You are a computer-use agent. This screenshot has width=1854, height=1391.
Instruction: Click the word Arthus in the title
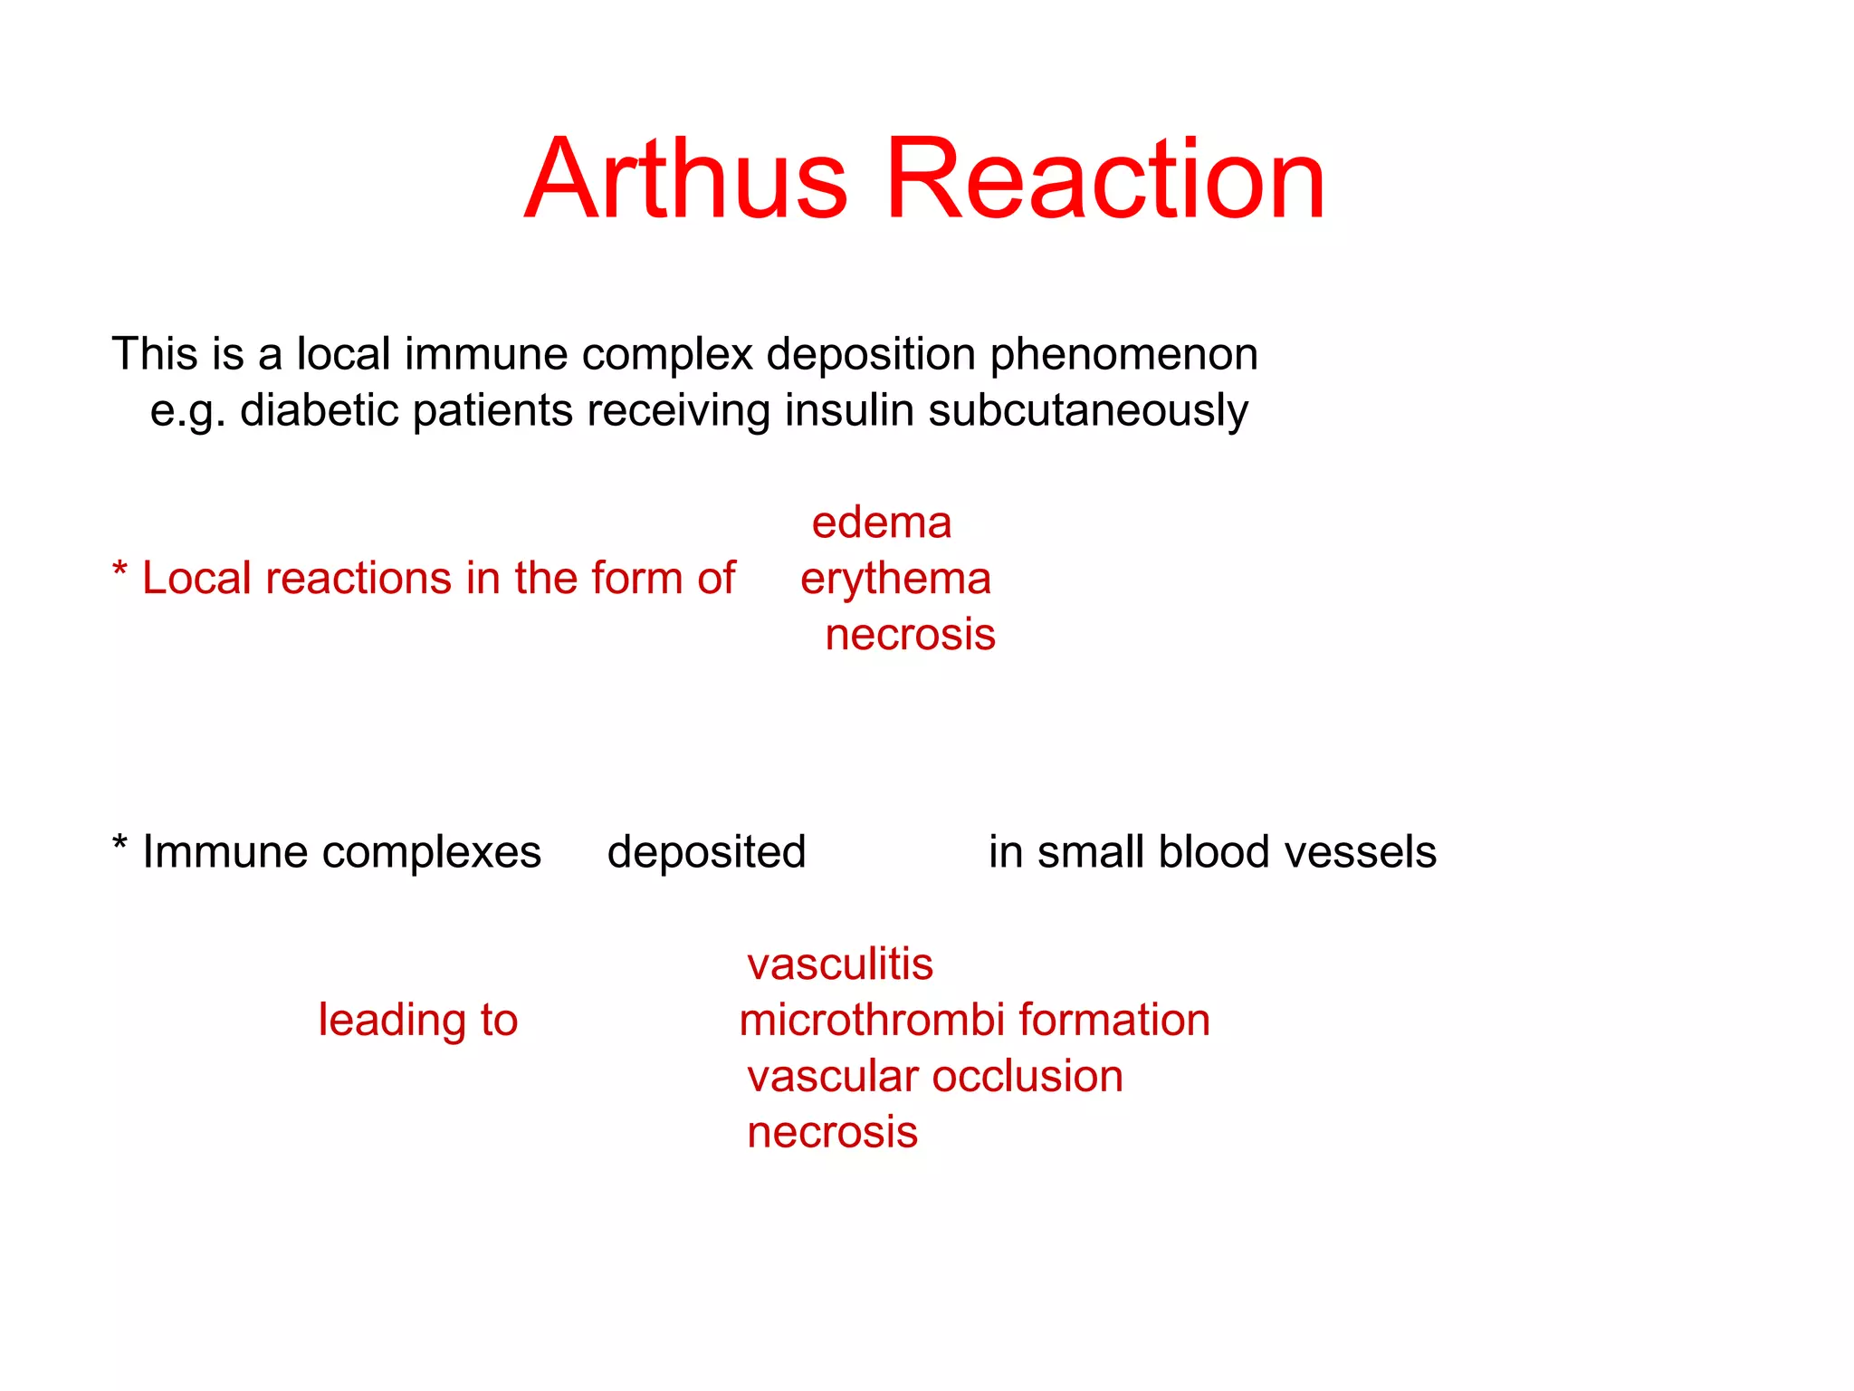tap(686, 178)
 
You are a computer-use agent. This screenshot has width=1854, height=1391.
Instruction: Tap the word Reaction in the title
tap(1105, 178)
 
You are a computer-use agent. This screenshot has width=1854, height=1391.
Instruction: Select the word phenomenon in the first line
tap(1123, 355)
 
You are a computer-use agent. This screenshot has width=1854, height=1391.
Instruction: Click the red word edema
tap(881, 523)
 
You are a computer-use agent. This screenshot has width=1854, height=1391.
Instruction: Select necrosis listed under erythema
tap(910, 635)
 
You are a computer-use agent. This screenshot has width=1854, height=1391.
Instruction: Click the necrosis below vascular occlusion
tap(832, 1133)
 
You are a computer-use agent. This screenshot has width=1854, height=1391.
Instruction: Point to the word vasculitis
tap(839, 964)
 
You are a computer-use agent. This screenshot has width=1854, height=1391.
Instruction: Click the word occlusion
tap(1027, 1077)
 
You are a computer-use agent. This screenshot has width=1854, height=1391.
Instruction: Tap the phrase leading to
tap(417, 1021)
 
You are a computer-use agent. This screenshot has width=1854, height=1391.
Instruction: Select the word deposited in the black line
tap(706, 853)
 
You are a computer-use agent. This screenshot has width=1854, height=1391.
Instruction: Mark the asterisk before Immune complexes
tap(119, 845)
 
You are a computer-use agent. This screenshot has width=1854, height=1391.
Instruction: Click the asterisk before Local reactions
tap(119, 571)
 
